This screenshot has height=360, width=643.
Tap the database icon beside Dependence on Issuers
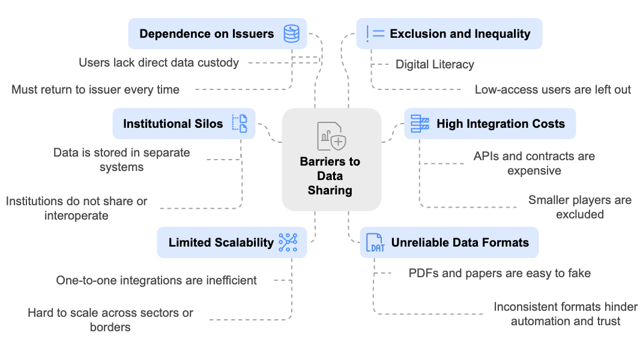coord(291,33)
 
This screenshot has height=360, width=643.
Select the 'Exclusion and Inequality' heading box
coord(449,34)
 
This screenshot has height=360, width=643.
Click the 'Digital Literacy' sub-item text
coord(435,64)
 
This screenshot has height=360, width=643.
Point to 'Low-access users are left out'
coord(552,89)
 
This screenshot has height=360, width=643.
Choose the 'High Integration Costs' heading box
coord(489,124)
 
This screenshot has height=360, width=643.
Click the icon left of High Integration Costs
coord(420,124)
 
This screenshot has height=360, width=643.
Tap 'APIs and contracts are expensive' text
coord(534,163)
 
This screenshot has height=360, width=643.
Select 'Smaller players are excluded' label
coord(579,206)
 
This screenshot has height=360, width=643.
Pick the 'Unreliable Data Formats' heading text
coord(460,242)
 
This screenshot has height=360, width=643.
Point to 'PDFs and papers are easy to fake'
coord(500,273)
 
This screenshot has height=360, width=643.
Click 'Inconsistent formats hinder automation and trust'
coord(565,314)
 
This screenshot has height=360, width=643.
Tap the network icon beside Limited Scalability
coord(288,242)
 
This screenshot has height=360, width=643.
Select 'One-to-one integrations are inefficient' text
coord(156,280)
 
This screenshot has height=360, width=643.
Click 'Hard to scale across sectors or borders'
coord(110,320)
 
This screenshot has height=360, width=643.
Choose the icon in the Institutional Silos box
coord(240,124)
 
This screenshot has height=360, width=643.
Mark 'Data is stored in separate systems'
coord(121,160)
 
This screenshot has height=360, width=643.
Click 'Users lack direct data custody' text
coord(158,62)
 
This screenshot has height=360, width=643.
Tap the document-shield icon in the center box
coord(331,136)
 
